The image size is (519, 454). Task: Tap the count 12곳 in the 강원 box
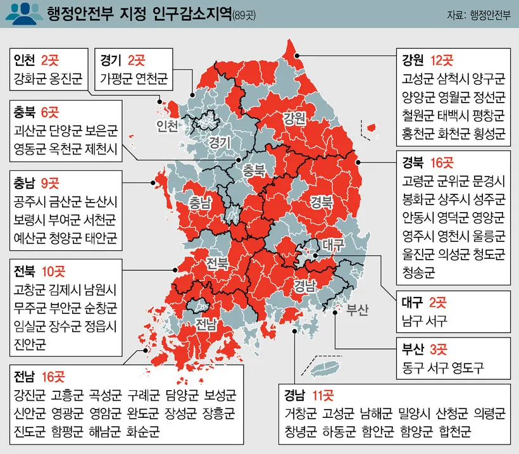442,61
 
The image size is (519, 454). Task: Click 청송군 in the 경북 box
418,272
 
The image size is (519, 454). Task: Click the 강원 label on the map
294,117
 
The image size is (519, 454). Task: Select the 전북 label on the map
218,262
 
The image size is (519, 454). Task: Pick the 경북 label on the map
322,202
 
